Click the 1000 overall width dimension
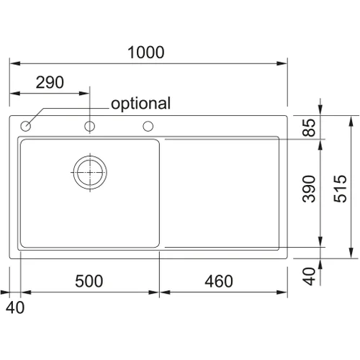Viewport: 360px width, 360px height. click(146, 53)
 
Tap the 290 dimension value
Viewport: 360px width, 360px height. click(50, 82)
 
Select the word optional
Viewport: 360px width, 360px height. click(141, 104)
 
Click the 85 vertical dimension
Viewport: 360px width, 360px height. click(309, 127)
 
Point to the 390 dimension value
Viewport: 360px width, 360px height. click(309, 189)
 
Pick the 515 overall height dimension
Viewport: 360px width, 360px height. click(341, 189)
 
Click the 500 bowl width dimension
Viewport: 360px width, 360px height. click(89, 281)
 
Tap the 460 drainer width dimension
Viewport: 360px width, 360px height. click(219, 281)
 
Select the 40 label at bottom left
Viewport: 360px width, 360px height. click(15, 307)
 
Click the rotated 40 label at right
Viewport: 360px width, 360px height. click(309, 276)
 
